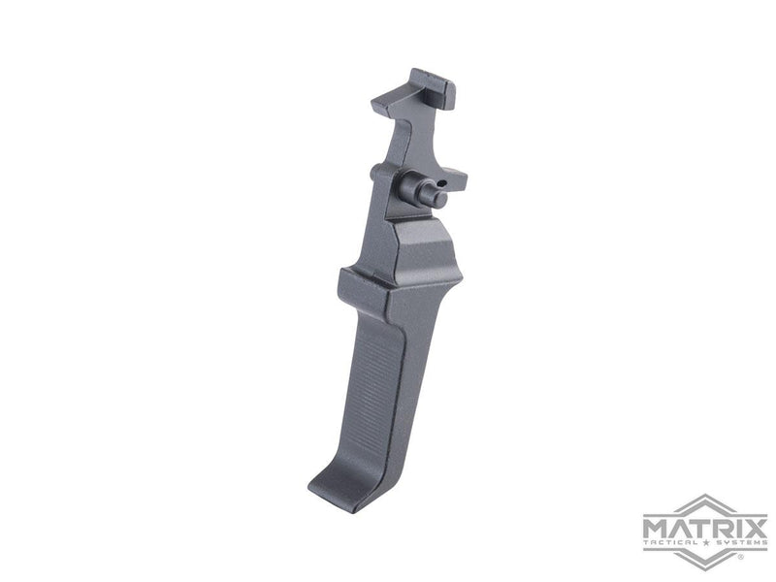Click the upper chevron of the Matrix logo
[x=705, y=507]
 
